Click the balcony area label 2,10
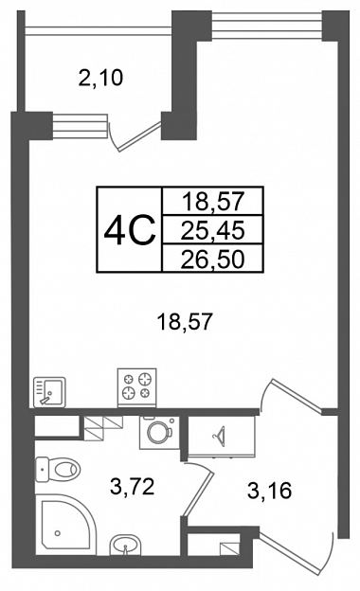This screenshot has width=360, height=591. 100,79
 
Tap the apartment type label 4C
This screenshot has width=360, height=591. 130,229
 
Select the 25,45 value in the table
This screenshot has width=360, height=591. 212,230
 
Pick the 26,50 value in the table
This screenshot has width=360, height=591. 212,260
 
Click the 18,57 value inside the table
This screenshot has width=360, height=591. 213,202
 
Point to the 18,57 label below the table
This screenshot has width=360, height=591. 185,323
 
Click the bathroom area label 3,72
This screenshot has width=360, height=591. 133,487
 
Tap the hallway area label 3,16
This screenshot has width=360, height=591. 269,492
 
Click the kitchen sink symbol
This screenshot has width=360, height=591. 49,392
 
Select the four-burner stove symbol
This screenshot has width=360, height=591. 136,387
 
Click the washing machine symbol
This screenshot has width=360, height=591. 159,432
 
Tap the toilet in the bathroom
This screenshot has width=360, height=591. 58,470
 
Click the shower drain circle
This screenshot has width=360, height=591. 57,533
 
